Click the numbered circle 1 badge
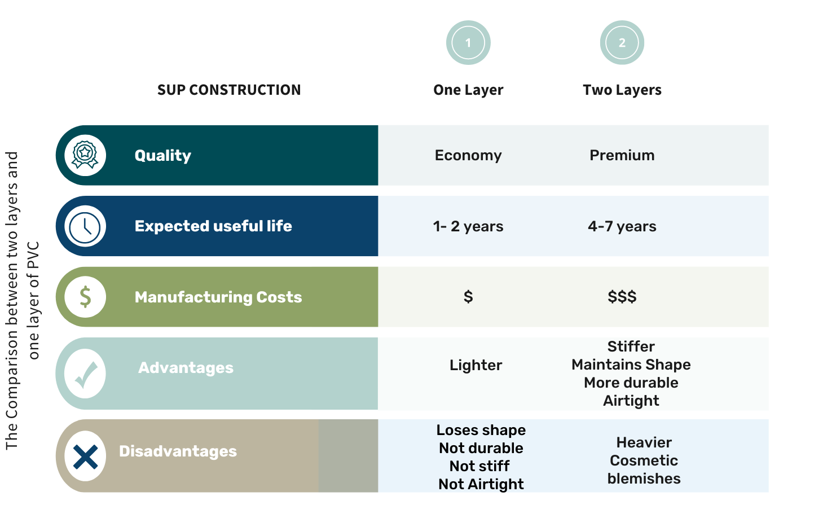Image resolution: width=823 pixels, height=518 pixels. point(468,43)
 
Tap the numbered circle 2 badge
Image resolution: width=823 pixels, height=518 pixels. point(622,43)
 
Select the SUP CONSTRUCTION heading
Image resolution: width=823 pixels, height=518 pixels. point(229,90)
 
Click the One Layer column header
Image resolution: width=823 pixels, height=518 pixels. point(468,90)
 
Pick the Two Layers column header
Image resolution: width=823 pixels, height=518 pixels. point(622,90)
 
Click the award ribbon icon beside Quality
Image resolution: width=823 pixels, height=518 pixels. point(85,155)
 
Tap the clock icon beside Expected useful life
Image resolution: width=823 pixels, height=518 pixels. point(85,226)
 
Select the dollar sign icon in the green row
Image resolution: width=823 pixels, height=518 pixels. point(85,297)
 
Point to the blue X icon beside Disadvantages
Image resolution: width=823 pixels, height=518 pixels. point(85,456)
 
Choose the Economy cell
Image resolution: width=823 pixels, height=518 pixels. point(468,156)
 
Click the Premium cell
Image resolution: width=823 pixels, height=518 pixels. point(622,155)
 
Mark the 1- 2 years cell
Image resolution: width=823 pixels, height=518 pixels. point(468,226)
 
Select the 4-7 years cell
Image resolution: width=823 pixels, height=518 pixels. point(622,226)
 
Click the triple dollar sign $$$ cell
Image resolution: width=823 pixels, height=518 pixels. point(622,296)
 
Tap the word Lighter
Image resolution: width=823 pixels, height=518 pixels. point(476,366)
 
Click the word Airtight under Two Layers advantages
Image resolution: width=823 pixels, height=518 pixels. point(631,401)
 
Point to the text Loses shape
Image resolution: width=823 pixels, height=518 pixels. point(481,430)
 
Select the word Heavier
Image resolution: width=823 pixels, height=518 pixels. point(644,442)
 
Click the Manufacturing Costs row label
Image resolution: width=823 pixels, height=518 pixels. point(218,297)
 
